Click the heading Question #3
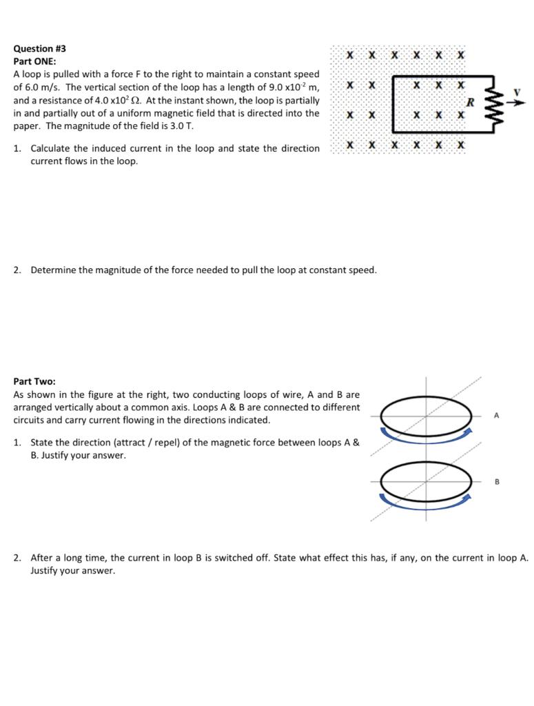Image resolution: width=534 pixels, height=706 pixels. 40,49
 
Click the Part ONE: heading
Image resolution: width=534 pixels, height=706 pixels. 34,61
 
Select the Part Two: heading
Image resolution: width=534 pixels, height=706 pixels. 34,381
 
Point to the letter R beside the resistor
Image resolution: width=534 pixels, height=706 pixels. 471,102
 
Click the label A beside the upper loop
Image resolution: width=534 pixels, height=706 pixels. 496,416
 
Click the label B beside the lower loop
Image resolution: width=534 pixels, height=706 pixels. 496,481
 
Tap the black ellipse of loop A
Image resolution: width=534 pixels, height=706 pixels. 425,415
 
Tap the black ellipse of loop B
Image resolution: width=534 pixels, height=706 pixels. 425,481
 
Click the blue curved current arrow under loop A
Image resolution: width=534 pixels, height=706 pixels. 425,437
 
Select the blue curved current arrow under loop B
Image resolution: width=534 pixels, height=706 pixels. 425,504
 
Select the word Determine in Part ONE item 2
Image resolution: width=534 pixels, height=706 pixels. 54,270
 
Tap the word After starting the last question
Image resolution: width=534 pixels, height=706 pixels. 42,558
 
